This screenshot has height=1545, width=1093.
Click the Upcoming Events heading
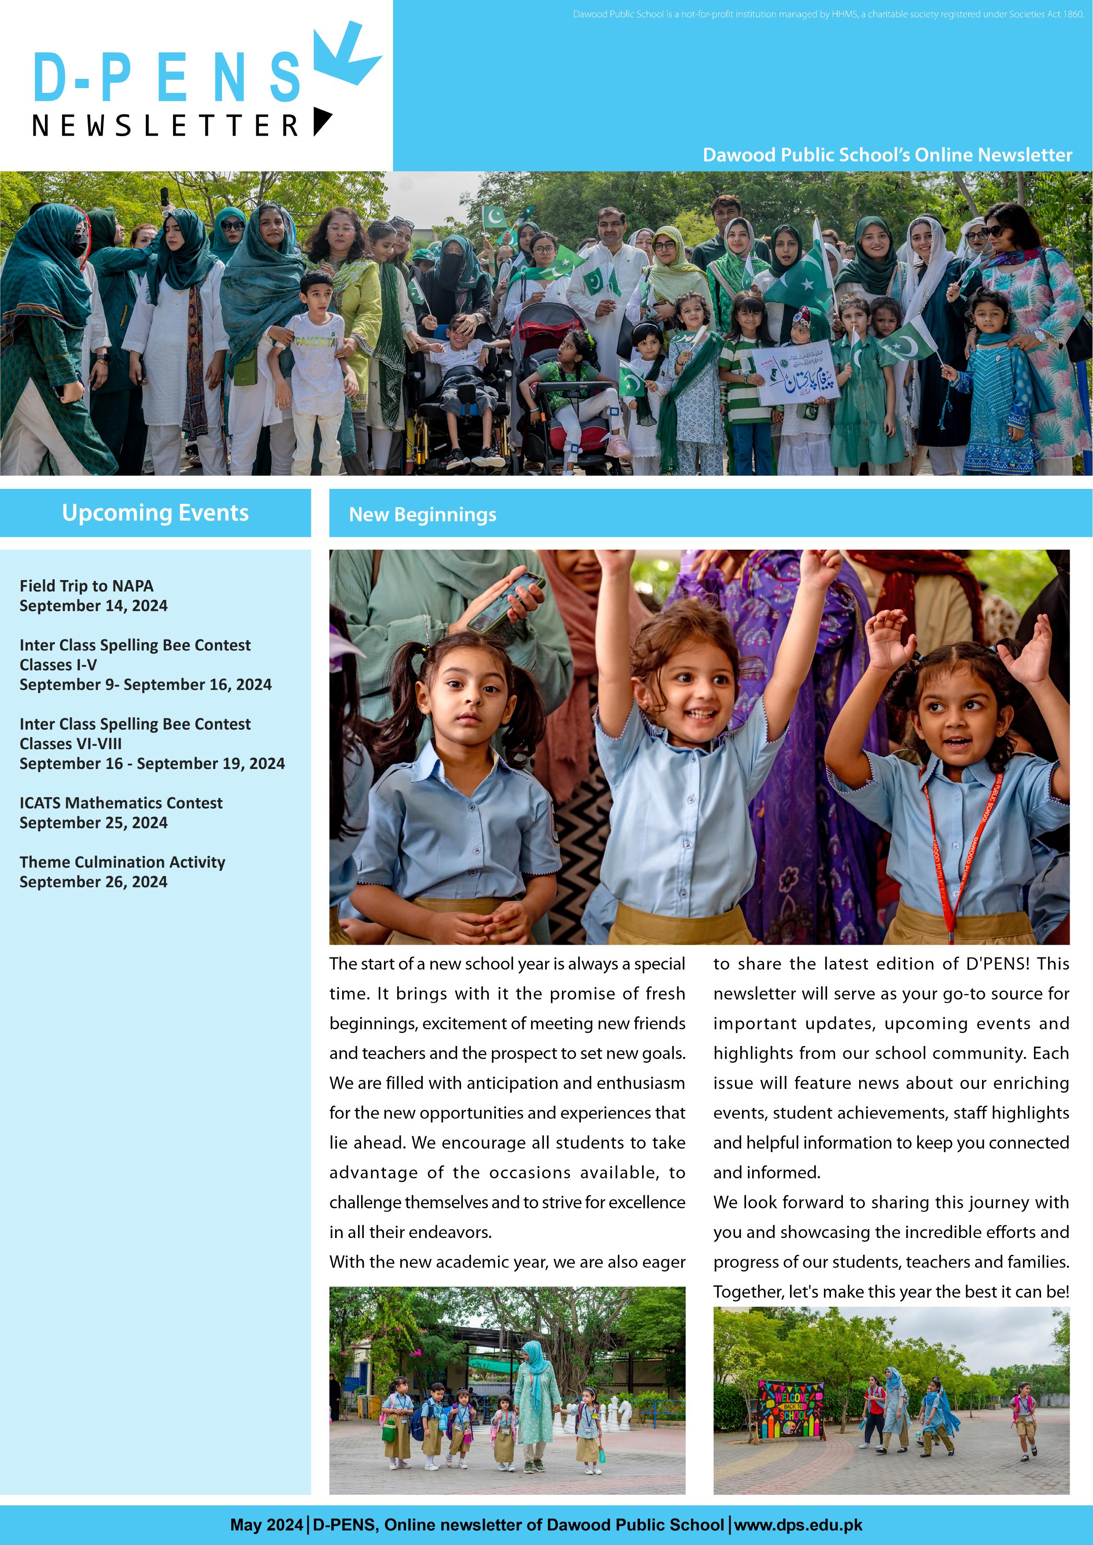pos(155,513)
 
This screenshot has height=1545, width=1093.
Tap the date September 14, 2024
pos(93,606)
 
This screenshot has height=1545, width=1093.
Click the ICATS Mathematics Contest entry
pos(121,803)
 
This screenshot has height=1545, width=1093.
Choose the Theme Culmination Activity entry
pos(122,862)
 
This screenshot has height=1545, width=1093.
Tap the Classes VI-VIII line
pos(70,743)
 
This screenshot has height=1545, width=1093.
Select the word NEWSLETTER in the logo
pos(166,126)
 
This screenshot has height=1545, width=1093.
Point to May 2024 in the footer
pos(266,1525)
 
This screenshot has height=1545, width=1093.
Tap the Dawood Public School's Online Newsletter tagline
pos(887,155)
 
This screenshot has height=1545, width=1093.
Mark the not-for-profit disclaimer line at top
pos(828,14)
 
